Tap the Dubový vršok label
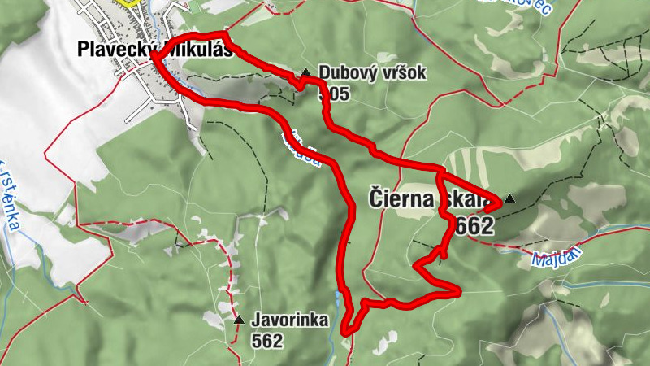click(372, 73)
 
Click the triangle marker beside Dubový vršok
click(305, 73)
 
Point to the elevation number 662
click(475, 227)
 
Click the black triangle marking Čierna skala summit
click(509, 198)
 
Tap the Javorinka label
click(289, 320)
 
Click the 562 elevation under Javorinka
click(267, 341)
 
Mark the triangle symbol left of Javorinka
click(238, 320)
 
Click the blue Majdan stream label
click(555, 261)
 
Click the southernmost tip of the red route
click(345, 333)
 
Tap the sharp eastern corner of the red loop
click(460, 290)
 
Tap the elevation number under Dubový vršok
click(334, 94)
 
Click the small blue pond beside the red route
click(184, 81)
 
